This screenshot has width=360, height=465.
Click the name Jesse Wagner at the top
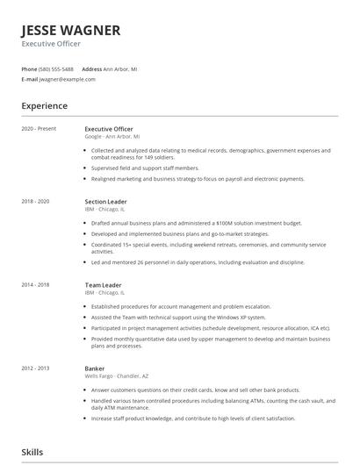[x=71, y=30]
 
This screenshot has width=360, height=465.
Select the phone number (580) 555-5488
[x=57, y=68]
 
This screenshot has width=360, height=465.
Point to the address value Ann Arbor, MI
[x=121, y=68]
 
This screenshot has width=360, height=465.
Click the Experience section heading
[x=45, y=106]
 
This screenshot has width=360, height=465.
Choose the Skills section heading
[x=32, y=452]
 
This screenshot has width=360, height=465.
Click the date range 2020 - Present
[x=39, y=129]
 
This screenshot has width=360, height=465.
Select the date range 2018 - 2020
[x=36, y=201]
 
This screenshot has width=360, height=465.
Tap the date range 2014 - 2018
[x=36, y=284]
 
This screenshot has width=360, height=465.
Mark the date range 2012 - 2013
[x=36, y=368]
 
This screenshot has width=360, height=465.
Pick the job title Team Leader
[x=104, y=284]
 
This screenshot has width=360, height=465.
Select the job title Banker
[x=95, y=368]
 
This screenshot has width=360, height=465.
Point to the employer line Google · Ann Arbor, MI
[x=119, y=136]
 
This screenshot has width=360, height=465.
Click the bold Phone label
[x=29, y=68]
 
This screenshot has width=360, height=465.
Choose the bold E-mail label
[x=30, y=79]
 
